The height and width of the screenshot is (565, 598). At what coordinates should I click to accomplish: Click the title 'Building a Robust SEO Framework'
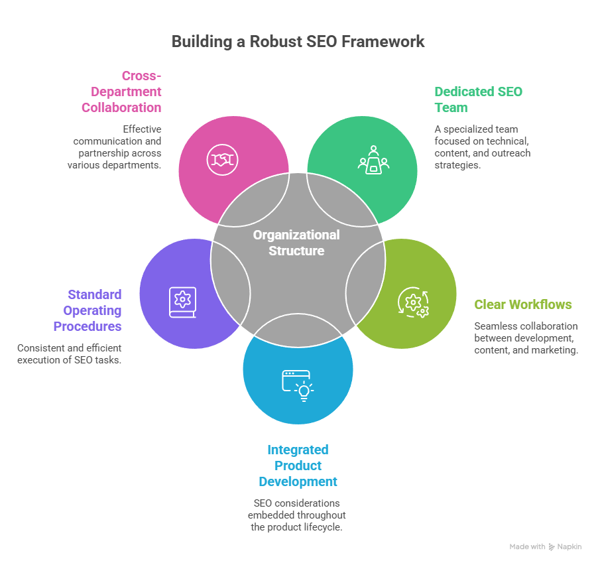pyautogui.click(x=298, y=42)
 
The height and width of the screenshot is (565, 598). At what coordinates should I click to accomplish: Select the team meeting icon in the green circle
pyautogui.click(x=373, y=160)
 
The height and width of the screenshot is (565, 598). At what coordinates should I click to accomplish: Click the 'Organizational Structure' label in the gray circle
pyautogui.click(x=296, y=243)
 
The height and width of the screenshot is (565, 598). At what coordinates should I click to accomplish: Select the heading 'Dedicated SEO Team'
pyautogui.click(x=478, y=99)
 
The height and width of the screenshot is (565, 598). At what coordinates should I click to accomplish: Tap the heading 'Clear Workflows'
pyautogui.click(x=523, y=304)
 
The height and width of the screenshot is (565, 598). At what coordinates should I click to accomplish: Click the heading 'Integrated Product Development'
pyautogui.click(x=298, y=466)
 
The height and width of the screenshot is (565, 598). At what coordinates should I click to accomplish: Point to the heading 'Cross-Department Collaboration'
pyautogui.click(x=121, y=92)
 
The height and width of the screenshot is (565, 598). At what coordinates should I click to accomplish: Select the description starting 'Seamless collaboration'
pyautogui.click(x=526, y=338)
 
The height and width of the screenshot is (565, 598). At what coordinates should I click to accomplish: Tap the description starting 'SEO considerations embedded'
pyautogui.click(x=297, y=515)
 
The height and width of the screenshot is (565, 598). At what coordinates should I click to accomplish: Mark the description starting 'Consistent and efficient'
pyautogui.click(x=70, y=353)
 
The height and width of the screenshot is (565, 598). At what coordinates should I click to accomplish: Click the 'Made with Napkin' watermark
pyautogui.click(x=545, y=546)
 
